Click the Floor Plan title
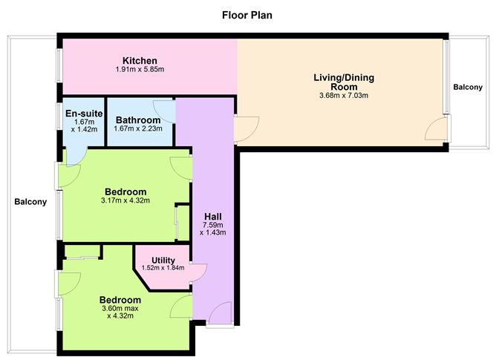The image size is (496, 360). (248, 14)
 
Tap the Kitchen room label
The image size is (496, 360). (140, 61)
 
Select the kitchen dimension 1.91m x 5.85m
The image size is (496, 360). (140, 70)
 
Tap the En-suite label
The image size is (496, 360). (79, 114)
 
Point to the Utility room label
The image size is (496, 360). (163, 260)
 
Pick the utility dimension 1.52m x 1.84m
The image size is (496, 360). (163, 268)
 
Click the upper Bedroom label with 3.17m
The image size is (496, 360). (125, 192)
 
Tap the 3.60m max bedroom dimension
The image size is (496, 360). (120, 310)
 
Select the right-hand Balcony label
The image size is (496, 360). (468, 88)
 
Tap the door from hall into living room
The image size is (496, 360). (247, 125)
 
